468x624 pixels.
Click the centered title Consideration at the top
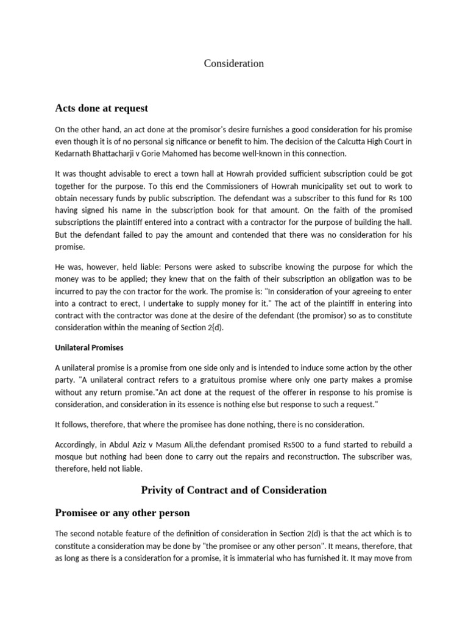233,63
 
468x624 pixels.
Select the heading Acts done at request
102,108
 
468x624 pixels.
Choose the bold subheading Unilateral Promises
89,347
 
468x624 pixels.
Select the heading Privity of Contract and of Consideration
234,490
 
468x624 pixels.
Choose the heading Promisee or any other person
122,513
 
